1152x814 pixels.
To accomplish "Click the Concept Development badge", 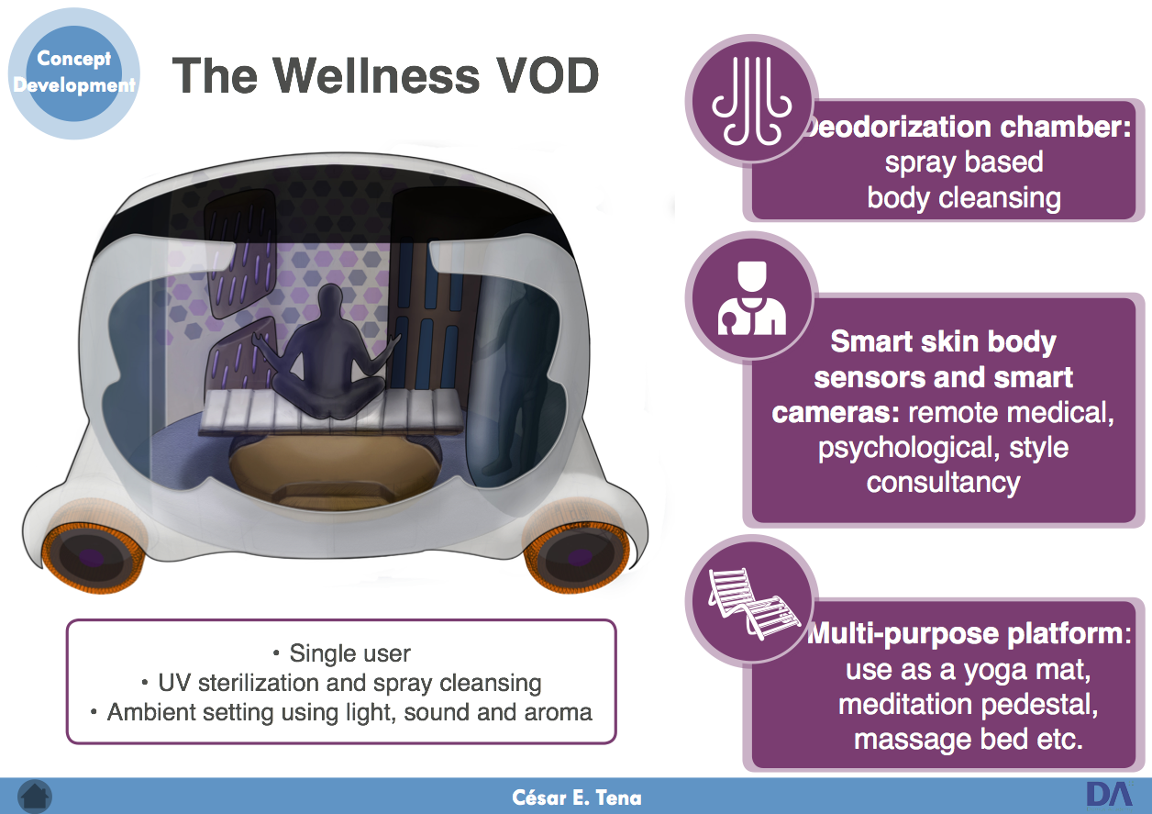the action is [74, 73].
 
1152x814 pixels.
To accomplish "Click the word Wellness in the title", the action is [376, 75].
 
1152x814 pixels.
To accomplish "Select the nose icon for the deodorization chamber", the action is [751, 101].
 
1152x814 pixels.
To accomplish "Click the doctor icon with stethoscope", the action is [751, 298].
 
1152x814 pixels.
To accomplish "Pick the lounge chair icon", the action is [754, 603].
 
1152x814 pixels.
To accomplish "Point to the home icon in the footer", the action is [35, 797].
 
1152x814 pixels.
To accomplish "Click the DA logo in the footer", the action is [1109, 795].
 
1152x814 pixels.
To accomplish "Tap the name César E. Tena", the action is [577, 797].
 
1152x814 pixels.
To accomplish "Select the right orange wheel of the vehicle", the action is [577, 556].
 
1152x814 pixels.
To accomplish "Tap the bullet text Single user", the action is [349, 653].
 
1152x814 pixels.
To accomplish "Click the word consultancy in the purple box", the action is [943, 483].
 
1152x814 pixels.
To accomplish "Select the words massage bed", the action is [941, 739].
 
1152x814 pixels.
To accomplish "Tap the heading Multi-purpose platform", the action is [969, 633].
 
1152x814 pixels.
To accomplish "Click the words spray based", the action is [964, 162].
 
